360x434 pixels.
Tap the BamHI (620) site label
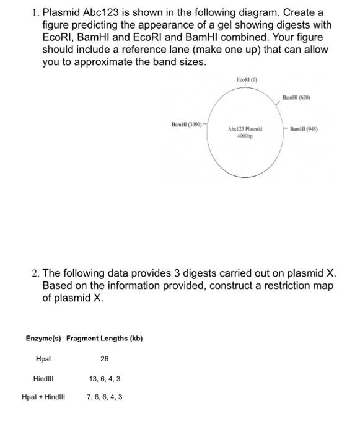click(x=296, y=98)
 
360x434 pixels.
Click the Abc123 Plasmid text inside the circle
click(x=245, y=128)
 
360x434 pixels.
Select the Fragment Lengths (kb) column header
click(x=104, y=339)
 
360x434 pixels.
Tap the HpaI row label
click(x=43, y=359)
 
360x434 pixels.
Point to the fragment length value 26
click(x=104, y=359)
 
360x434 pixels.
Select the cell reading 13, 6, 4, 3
click(x=104, y=378)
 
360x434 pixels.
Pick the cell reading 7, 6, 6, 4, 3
click(x=104, y=397)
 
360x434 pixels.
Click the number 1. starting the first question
click(x=35, y=12)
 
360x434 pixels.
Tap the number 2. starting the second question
click(x=35, y=273)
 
